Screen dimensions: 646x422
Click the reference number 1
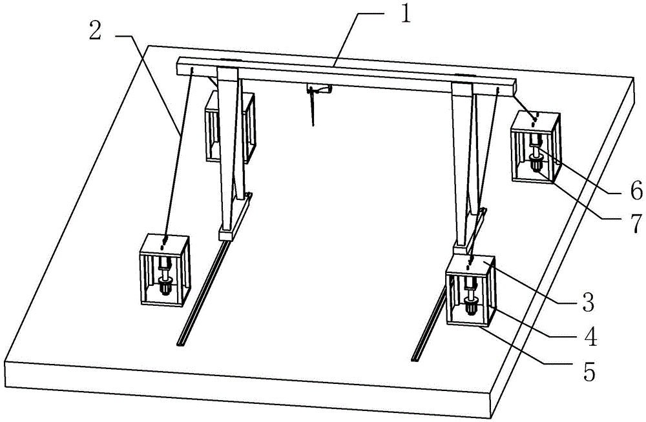click(406, 15)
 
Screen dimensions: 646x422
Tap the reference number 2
click(95, 30)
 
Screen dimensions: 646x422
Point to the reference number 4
click(590, 336)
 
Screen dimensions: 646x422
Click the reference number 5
click(589, 372)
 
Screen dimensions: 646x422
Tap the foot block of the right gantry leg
click(463, 249)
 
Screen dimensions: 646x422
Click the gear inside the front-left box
click(165, 285)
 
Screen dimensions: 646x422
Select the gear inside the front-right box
click(470, 305)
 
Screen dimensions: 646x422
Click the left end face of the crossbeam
click(179, 66)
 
